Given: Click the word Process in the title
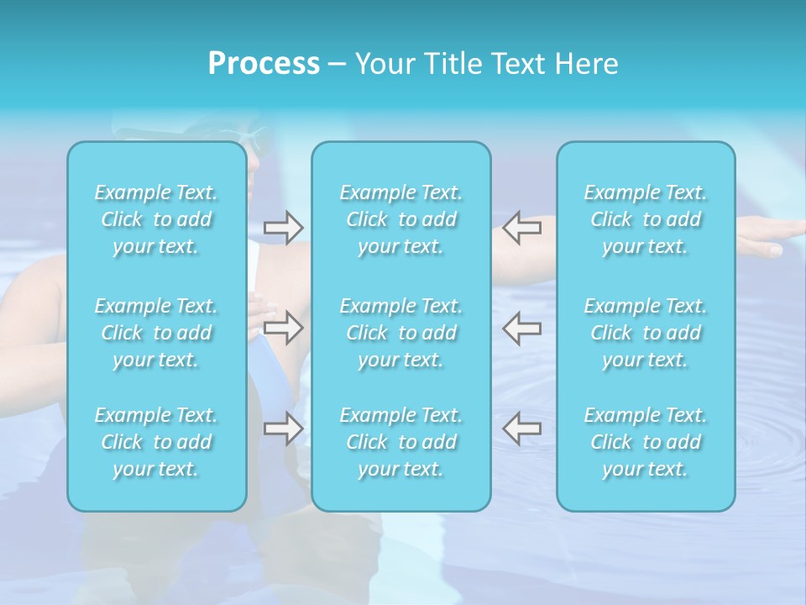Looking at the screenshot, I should point(264,64).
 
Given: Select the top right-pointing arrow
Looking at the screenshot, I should point(283,227).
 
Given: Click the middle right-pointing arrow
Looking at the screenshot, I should point(283,328).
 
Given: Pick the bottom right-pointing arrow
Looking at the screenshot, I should point(283,429).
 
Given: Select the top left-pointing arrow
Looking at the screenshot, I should point(521,227).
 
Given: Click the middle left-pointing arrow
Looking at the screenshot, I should point(521,328).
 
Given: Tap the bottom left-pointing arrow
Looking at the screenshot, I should point(521,429).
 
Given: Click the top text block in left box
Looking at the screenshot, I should point(156,219).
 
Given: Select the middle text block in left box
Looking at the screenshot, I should point(156,333).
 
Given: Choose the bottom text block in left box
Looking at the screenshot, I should point(156,442).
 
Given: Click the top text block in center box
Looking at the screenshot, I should point(401,219).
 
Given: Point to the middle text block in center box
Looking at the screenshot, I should point(401,333).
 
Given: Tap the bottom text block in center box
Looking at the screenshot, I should point(401,442).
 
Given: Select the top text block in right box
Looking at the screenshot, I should point(646,219).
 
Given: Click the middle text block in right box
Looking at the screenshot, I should point(646,333).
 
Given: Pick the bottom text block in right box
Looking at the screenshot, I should point(646,442).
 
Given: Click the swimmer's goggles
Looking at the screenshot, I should point(253,134).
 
